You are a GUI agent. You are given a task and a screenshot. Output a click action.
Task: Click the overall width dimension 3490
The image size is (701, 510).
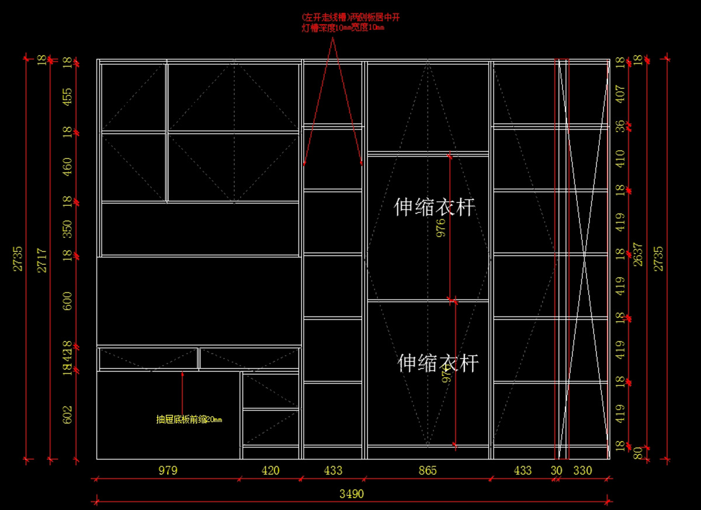click(352, 494)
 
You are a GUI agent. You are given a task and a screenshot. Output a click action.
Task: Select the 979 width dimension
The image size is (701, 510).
click(168, 470)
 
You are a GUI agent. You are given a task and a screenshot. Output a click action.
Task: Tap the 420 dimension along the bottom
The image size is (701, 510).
click(270, 470)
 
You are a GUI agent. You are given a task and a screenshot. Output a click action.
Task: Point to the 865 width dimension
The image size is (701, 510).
click(428, 470)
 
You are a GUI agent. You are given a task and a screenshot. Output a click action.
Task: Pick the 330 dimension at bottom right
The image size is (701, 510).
click(582, 470)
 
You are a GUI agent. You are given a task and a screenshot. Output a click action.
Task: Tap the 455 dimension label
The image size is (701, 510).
click(68, 97)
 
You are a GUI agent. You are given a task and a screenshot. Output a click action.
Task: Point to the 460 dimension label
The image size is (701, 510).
click(68, 167)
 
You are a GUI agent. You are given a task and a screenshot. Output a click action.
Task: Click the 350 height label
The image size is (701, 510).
click(68, 229)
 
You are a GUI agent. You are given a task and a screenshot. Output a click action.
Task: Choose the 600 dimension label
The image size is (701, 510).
click(68, 301)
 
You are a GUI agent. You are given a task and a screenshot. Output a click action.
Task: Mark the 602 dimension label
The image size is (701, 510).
click(68, 415)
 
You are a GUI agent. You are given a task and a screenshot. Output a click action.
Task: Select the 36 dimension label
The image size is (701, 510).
click(620, 126)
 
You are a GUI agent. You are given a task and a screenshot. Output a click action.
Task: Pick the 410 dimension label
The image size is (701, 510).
click(620, 158)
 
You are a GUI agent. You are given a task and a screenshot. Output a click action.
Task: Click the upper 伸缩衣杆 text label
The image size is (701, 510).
click(434, 207)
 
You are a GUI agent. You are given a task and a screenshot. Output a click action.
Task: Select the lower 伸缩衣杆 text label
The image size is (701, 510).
click(438, 363)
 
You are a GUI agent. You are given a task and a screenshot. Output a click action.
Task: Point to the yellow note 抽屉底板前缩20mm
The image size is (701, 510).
click(189, 419)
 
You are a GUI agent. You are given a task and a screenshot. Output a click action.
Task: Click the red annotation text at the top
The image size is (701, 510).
click(350, 22)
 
